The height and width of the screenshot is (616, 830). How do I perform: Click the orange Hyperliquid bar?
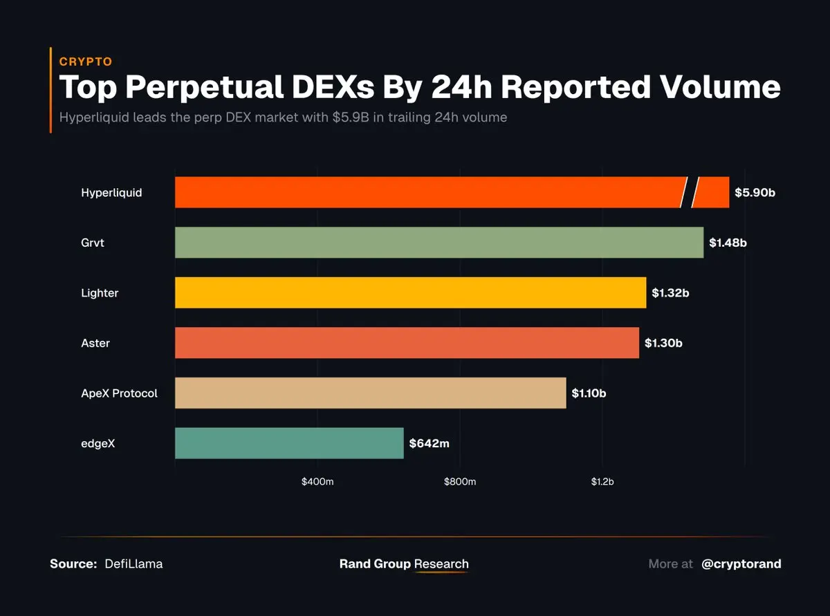pos(429,192)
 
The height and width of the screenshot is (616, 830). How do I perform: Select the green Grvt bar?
pos(439,243)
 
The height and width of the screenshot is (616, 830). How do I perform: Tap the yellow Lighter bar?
pos(410,292)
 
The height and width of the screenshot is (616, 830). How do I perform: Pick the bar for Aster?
pos(407,343)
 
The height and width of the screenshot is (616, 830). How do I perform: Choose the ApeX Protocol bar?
pos(370,393)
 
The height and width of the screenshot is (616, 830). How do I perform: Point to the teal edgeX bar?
pos(289,443)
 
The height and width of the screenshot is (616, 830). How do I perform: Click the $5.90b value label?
pos(755,192)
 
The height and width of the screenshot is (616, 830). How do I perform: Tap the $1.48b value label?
pos(728,243)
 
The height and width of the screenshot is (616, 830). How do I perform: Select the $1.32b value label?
pos(670,292)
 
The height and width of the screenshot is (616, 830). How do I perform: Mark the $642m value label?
pos(429,443)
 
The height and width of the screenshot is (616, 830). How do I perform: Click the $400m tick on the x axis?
pos(317,481)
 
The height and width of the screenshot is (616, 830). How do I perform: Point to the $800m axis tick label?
pos(460,481)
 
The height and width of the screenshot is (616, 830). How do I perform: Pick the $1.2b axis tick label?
pos(602,481)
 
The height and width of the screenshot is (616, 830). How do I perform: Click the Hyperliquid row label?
pos(111,193)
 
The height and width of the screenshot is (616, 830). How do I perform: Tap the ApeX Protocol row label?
pos(119,393)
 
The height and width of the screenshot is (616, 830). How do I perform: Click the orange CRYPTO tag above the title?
pos(86,62)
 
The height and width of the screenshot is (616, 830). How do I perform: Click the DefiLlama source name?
pos(133,563)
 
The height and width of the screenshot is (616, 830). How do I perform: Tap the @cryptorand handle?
pos(741,563)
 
